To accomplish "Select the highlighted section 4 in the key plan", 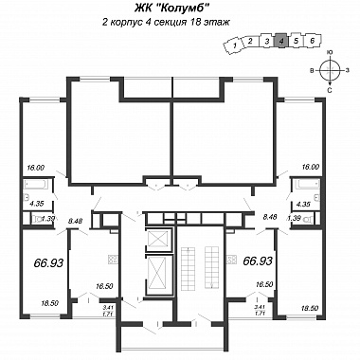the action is (282, 40).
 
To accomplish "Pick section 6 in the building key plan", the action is (312, 40).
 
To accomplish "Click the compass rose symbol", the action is (330, 70).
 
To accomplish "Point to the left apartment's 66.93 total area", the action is (48, 262).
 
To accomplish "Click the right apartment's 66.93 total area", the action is (258, 261).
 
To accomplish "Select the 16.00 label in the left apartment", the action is (36, 168).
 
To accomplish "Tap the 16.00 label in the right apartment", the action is (311, 168).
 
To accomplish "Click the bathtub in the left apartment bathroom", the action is (37, 184).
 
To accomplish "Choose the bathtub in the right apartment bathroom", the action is (306, 184).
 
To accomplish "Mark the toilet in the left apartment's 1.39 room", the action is (40, 219).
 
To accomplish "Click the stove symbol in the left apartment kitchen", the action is (113, 260).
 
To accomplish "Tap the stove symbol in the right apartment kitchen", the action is (231, 260).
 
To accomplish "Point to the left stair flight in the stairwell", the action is (187, 263).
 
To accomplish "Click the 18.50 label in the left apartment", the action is (50, 303).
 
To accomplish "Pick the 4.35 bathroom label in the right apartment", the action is (303, 205).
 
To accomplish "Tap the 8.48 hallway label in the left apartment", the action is (75, 222).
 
